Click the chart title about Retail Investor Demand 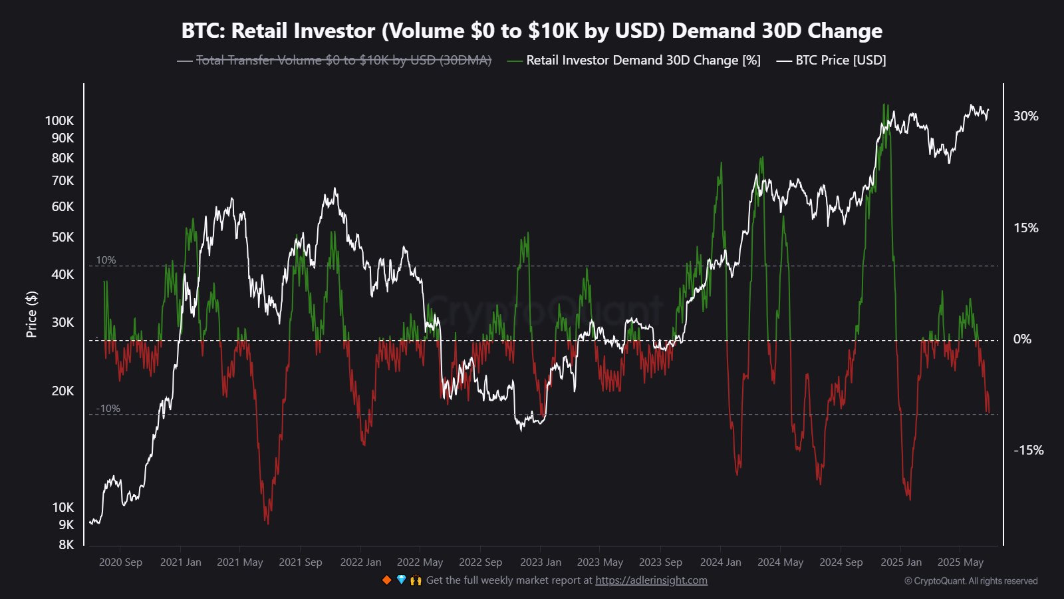point(532,31)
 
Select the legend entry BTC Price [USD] point(841,61)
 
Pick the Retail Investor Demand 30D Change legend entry point(642,61)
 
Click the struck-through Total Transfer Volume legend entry point(343,61)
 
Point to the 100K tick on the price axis point(59,120)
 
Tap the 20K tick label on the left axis point(63,391)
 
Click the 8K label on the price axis point(66,544)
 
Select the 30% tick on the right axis point(1025,116)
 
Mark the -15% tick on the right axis point(1028,451)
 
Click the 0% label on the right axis point(1022,339)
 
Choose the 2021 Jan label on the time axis point(180,562)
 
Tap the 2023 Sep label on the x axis point(660,562)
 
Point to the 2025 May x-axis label point(960,562)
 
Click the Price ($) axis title point(31,314)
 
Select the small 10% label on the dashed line point(106,260)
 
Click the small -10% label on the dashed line point(108,409)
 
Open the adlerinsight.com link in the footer point(651,580)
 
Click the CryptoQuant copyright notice point(971,581)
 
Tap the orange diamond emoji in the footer point(386,580)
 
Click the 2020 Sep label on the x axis point(120,562)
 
